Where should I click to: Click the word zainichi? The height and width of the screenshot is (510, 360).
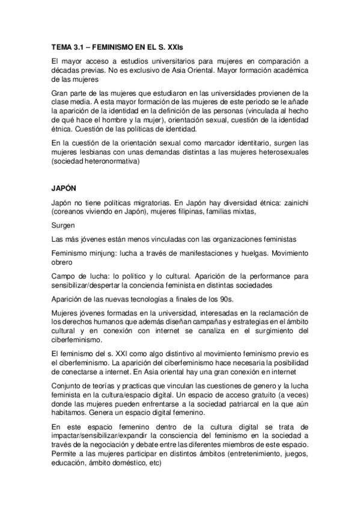click(x=293, y=203)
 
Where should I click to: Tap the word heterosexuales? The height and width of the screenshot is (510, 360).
click(x=281, y=160)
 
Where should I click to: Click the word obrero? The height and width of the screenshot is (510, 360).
click(x=63, y=263)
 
